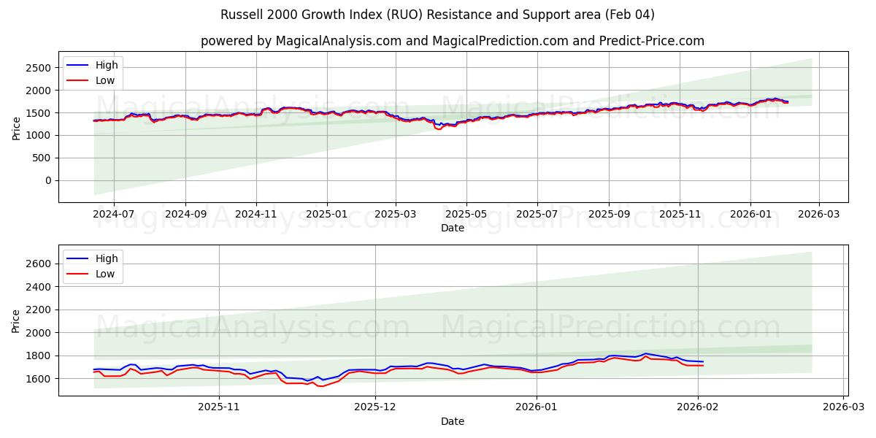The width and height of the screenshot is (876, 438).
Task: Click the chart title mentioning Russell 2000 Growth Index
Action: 437,15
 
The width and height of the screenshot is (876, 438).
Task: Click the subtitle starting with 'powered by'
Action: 452,41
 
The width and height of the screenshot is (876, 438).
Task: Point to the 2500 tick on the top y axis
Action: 38,68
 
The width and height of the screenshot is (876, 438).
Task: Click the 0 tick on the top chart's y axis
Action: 47,180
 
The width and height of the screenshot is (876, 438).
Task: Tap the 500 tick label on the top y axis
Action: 41,158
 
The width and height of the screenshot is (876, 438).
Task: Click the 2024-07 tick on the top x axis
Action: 114,215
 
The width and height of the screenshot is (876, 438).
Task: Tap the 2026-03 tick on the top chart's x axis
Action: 818,215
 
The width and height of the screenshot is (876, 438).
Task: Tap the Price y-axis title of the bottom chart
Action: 16,320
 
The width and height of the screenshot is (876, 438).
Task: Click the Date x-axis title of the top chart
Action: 453,228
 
